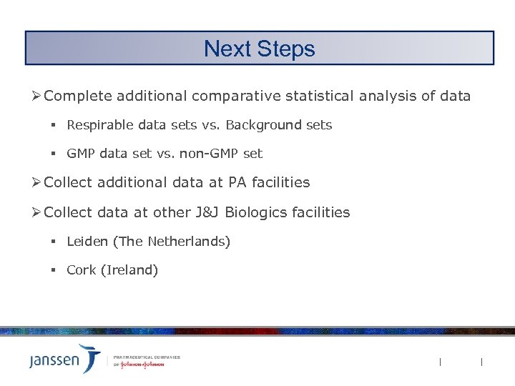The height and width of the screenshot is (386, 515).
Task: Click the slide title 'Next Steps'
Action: tap(259, 49)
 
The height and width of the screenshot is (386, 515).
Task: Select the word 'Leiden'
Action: tap(87, 242)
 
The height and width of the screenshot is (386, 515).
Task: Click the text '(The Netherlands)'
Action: tap(172, 242)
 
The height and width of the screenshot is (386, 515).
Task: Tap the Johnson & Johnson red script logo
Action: tap(142, 364)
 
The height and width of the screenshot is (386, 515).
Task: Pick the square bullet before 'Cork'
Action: tap(53, 270)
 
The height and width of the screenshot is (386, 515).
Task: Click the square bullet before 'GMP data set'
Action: tap(53, 154)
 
